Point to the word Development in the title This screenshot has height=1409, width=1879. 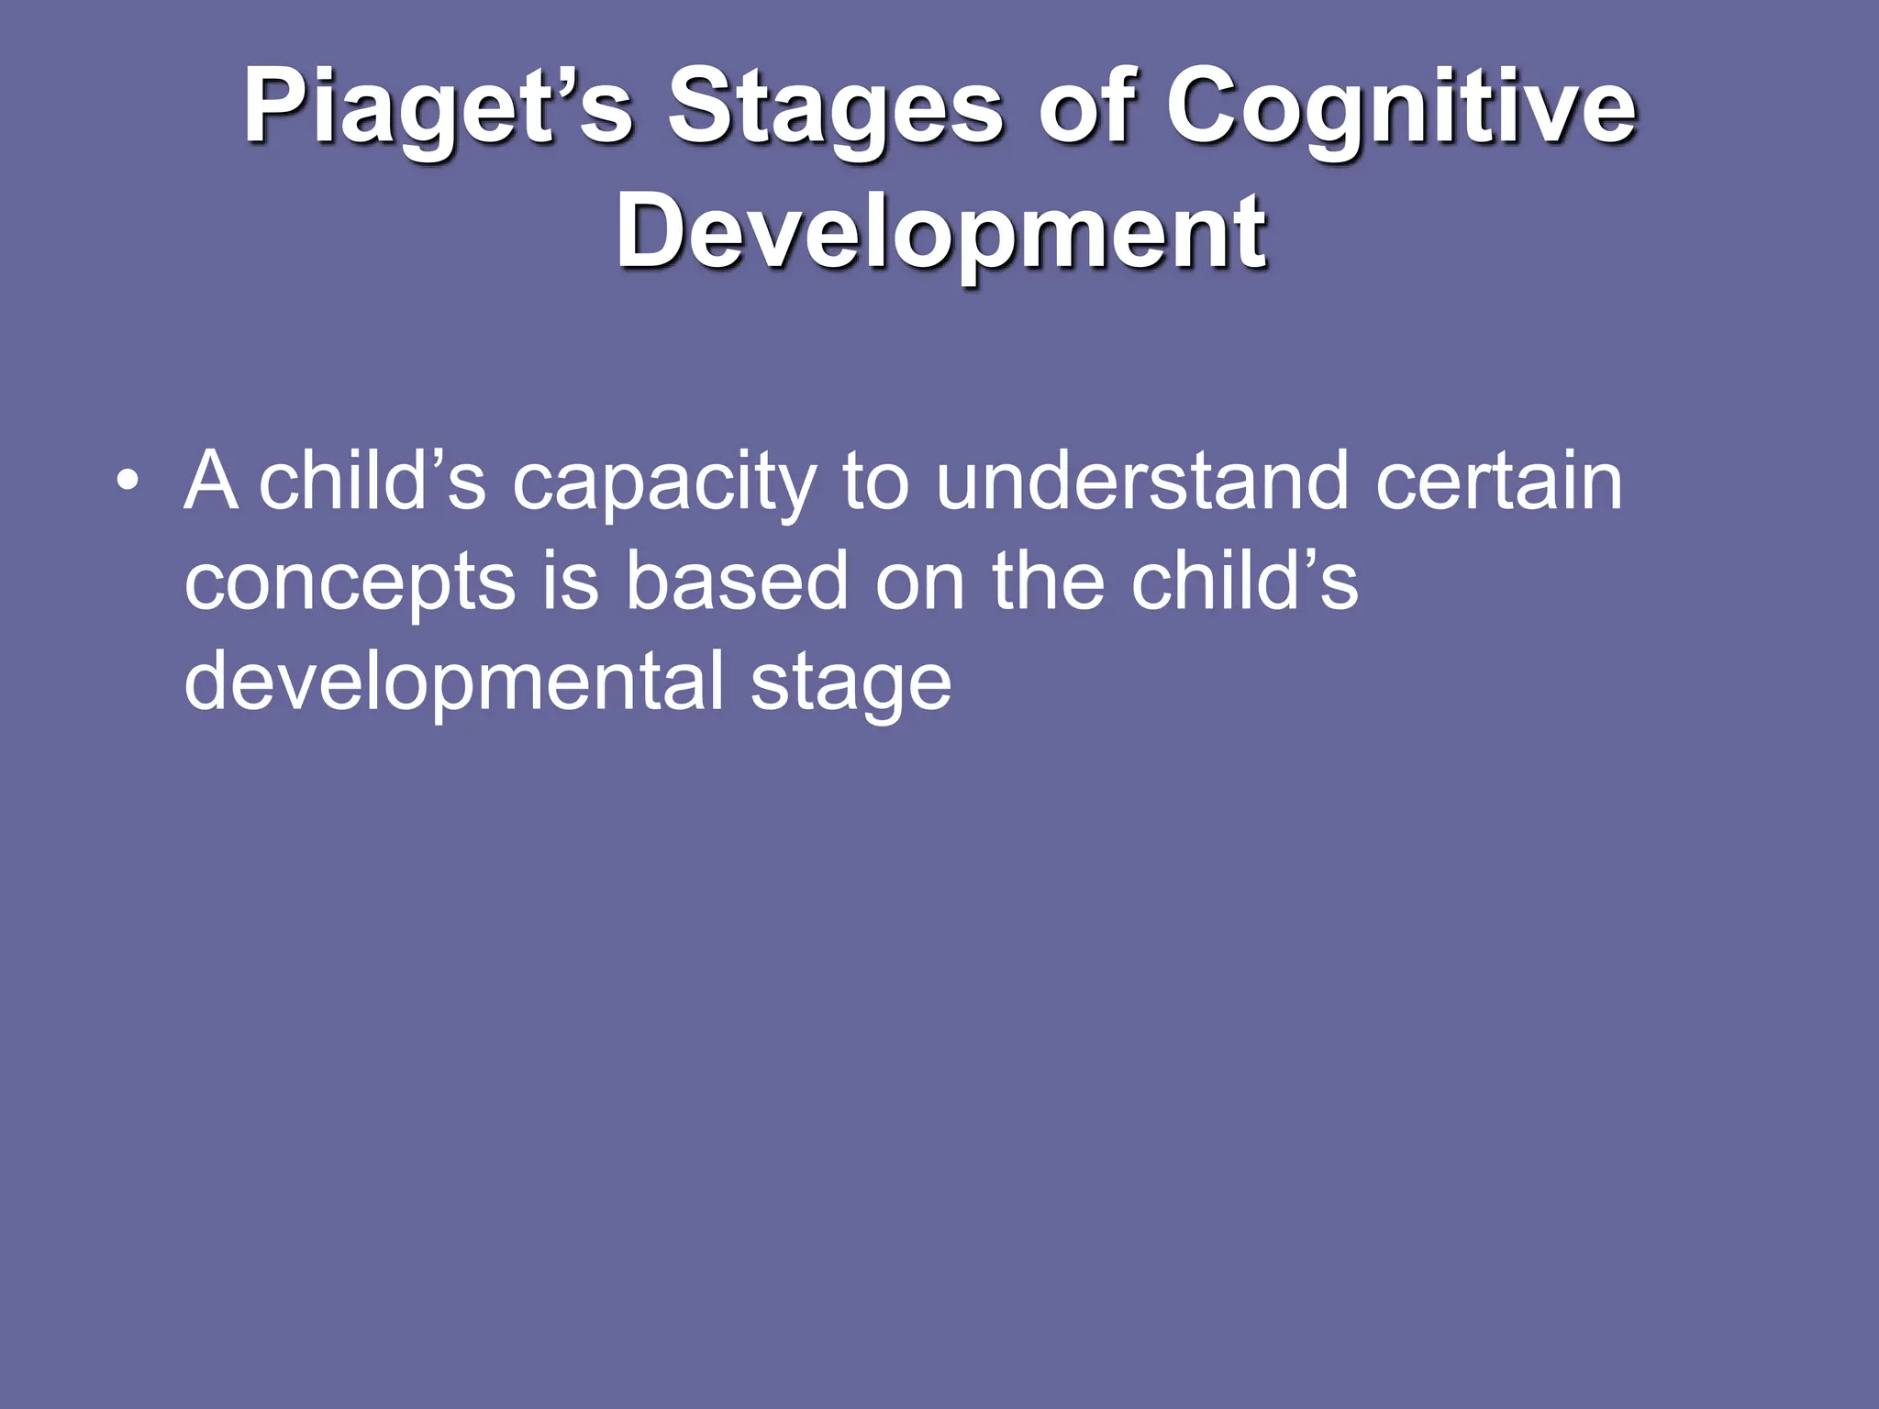pyautogui.click(x=941, y=233)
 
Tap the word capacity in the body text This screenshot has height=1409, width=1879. pyautogui.click(x=663, y=483)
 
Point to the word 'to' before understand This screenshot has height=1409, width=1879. pyautogui.click(x=874, y=483)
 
